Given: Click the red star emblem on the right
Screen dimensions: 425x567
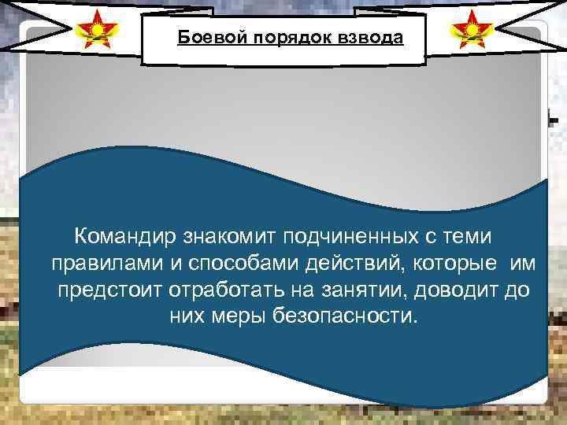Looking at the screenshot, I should pyautogui.click(x=470, y=31).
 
